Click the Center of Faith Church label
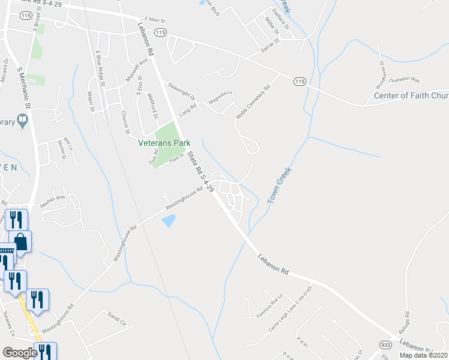point(411,95)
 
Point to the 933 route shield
point(386,344)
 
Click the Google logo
point(20,353)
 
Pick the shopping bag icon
point(21,241)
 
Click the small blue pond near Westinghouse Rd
point(169,221)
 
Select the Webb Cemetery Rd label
point(253,95)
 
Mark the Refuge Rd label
point(406,323)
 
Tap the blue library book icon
point(23,122)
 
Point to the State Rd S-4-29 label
point(200,171)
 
